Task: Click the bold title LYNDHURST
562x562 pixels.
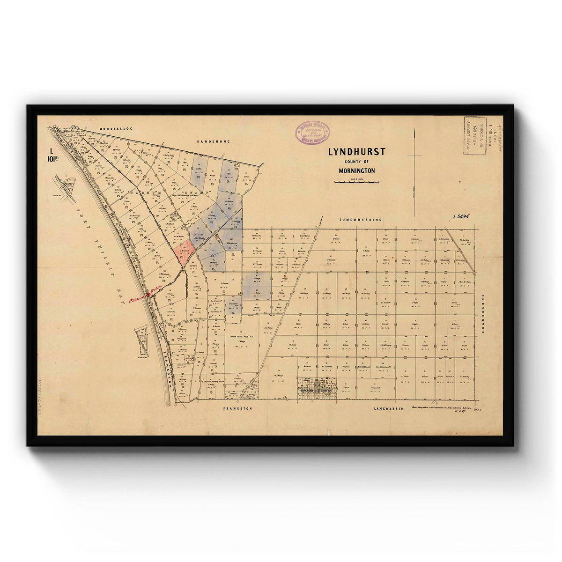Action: pyautogui.click(x=356, y=152)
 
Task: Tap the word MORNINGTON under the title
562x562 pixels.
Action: pyautogui.click(x=357, y=171)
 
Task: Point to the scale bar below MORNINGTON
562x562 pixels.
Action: pyautogui.click(x=356, y=182)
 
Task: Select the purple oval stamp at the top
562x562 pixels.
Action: pyautogui.click(x=312, y=133)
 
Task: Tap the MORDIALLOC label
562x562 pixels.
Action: pyautogui.click(x=112, y=128)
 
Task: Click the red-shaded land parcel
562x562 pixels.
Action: pyautogui.click(x=184, y=252)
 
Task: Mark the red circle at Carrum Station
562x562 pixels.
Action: pyautogui.click(x=148, y=294)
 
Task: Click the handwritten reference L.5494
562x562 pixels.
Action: pyautogui.click(x=461, y=216)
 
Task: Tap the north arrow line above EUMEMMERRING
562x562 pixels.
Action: pyautogui.click(x=414, y=173)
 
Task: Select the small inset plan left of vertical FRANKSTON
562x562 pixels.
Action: pyautogui.click(x=141, y=342)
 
